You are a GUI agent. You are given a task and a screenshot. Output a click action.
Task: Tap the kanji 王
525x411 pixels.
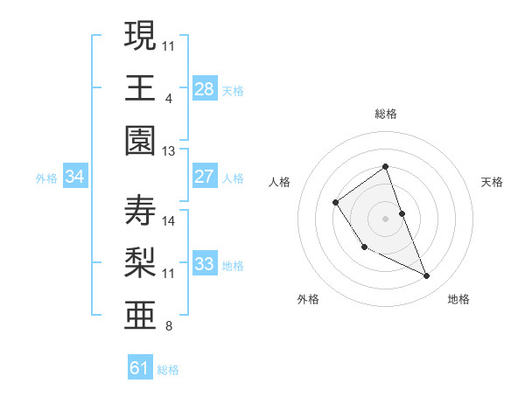coord(140,87)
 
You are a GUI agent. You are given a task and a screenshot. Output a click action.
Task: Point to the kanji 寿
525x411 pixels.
coord(140,211)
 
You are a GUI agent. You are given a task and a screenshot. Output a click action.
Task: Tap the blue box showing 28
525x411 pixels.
coord(204,88)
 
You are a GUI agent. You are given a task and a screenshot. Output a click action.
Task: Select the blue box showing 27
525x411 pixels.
coord(204,177)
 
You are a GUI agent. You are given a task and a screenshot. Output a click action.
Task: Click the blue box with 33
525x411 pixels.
coord(204,264)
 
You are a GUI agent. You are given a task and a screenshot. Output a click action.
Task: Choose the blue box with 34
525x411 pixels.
coord(75,177)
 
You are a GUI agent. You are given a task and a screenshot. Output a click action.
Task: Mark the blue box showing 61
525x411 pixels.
coord(140,368)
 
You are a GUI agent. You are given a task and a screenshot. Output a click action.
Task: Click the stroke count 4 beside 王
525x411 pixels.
coord(168,98)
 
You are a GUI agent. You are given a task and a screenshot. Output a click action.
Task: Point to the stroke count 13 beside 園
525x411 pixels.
coord(169,151)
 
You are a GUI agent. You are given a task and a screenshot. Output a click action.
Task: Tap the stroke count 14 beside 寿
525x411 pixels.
coord(169,221)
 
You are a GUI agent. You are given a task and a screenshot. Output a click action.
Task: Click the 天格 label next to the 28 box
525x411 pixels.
coord(233,90)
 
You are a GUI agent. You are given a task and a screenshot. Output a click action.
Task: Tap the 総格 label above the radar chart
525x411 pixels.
coord(386,114)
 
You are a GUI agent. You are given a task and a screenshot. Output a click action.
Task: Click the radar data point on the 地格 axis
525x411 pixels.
coord(427,276)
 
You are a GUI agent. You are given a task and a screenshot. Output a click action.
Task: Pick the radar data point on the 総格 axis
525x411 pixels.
coord(385,166)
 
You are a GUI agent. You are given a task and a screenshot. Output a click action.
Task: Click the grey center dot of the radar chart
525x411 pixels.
coord(385,218)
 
